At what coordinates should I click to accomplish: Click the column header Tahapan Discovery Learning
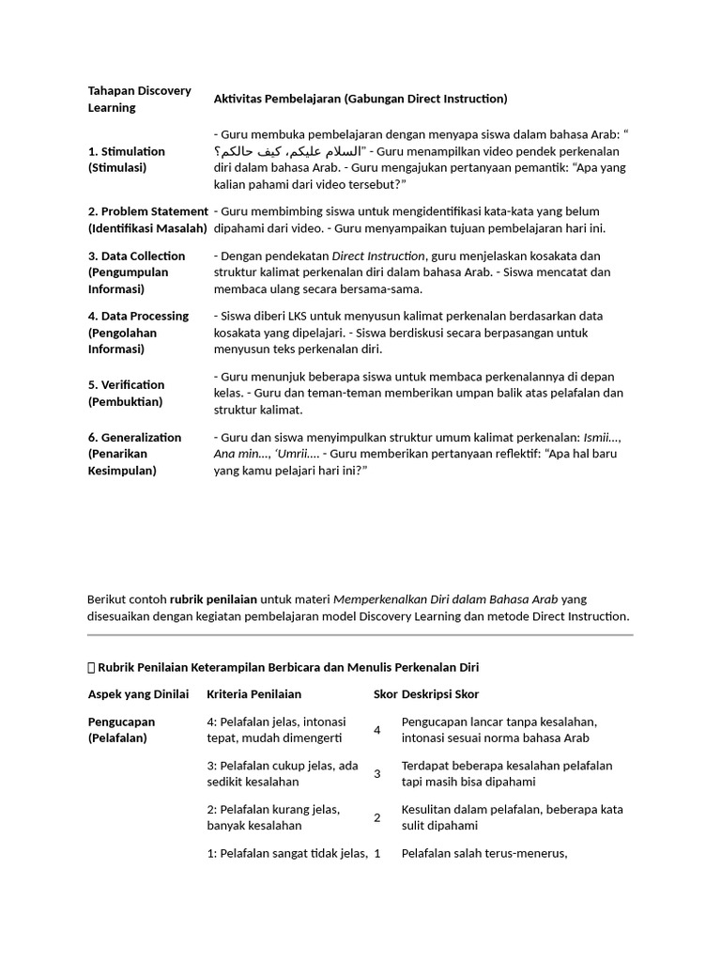[139, 99]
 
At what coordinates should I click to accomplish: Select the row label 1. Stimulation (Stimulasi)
[127, 159]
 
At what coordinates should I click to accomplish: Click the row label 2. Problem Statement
[147, 219]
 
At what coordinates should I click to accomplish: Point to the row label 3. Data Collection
[136, 272]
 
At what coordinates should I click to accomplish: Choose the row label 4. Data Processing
[138, 332]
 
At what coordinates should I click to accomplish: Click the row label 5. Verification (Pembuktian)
[127, 393]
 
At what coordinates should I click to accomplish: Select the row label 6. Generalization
[134, 453]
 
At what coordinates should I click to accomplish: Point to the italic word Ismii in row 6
[600, 437]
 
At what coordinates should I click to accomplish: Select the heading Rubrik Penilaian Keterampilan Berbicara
[286, 667]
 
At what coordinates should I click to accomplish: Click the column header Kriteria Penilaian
[253, 693]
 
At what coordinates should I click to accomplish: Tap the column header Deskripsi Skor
[439, 693]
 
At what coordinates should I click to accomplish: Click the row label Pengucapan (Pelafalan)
[122, 730]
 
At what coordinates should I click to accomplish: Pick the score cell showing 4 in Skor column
[377, 730]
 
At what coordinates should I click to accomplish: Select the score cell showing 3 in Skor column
[377, 773]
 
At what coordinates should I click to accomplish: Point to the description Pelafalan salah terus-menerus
[483, 853]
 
